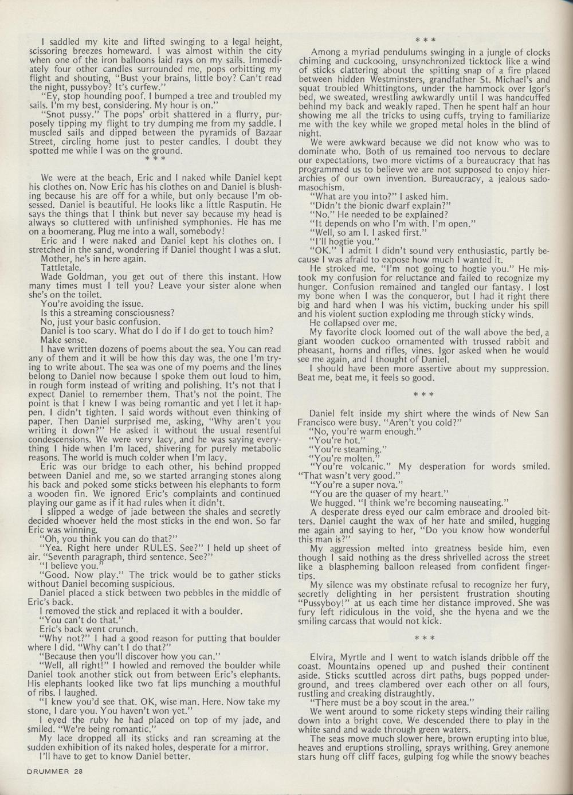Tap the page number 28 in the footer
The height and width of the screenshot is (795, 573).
click(78, 771)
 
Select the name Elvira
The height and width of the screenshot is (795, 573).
click(322, 657)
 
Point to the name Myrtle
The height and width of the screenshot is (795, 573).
click(364, 657)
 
